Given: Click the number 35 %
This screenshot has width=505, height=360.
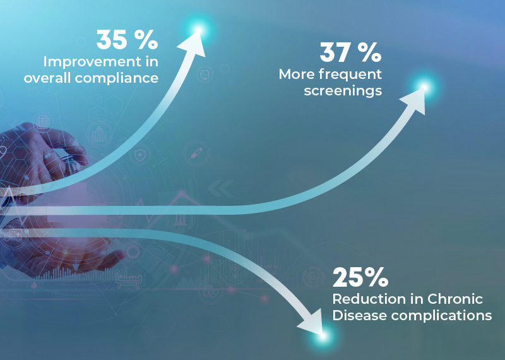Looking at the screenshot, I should pyautogui.click(x=126, y=40).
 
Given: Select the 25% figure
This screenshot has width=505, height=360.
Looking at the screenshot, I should pyautogui.click(x=360, y=278).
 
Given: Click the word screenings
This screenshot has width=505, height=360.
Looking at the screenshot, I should pyautogui.click(x=343, y=90).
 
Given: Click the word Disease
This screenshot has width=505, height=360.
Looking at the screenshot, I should pyautogui.click(x=355, y=315).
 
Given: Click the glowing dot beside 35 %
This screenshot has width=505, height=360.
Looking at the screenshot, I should pyautogui.click(x=199, y=29).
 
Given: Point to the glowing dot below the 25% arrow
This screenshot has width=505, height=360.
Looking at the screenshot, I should pyautogui.click(x=323, y=337).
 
